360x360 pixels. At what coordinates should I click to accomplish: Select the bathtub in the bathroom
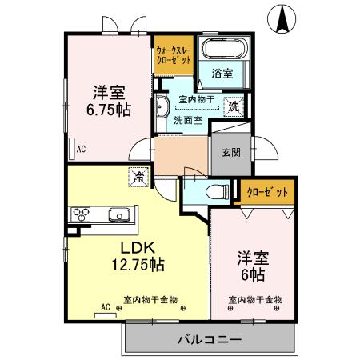(225, 48)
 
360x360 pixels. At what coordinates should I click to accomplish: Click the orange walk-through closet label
(174, 54)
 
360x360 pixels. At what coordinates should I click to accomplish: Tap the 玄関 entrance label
(230, 152)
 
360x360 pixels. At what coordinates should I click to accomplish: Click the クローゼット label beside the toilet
(269, 192)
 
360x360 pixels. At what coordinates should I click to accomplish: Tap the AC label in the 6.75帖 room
(81, 148)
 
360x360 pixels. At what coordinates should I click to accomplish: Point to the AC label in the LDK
(106, 306)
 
